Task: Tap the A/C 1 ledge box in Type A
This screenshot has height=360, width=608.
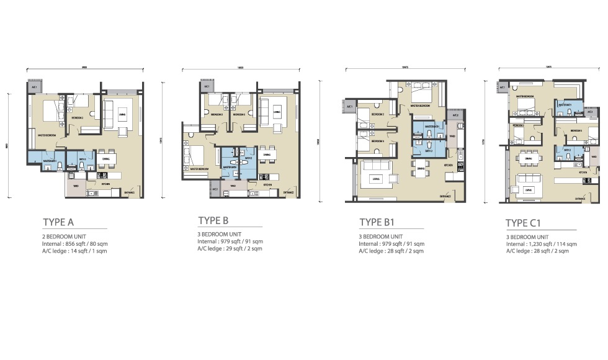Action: tap(33, 88)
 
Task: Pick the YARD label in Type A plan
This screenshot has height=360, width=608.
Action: tap(76, 185)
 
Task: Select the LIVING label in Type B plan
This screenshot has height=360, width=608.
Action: tap(276, 112)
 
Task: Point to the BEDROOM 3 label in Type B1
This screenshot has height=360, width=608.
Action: tap(377, 141)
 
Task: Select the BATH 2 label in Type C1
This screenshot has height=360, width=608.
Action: tap(567, 150)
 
